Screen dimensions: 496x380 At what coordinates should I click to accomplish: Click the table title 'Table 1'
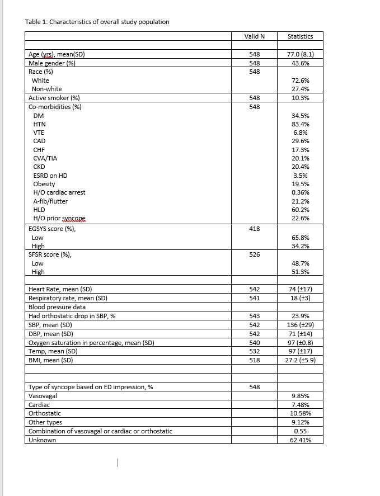pyautogui.click(x=97, y=22)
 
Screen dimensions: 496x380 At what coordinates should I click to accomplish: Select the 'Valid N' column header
pyautogui.click(x=254, y=36)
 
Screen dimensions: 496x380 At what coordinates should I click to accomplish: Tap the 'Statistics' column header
pyautogui.click(x=300, y=36)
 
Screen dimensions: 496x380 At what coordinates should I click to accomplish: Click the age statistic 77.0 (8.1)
pyautogui.click(x=300, y=55)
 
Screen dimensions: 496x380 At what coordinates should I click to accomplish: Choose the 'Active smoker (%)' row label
pyautogui.click(x=54, y=98)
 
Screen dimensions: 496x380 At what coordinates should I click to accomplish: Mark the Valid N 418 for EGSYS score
pyautogui.click(x=254, y=228)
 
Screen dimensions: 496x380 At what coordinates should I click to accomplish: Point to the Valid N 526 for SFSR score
pyautogui.click(x=254, y=254)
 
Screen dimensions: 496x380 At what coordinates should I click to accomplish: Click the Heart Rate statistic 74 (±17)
pyautogui.click(x=301, y=289)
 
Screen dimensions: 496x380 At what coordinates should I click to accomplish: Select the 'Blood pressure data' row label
pyautogui.click(x=57, y=307)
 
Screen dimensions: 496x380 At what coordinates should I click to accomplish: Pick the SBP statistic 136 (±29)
pyautogui.click(x=301, y=324)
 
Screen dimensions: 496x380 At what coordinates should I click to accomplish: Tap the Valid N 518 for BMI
pyautogui.click(x=254, y=360)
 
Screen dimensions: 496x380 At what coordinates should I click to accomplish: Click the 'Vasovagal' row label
pyautogui.click(x=43, y=395)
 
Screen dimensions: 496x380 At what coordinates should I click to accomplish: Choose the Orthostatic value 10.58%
pyautogui.click(x=301, y=413)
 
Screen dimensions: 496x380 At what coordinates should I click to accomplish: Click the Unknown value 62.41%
pyautogui.click(x=301, y=440)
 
